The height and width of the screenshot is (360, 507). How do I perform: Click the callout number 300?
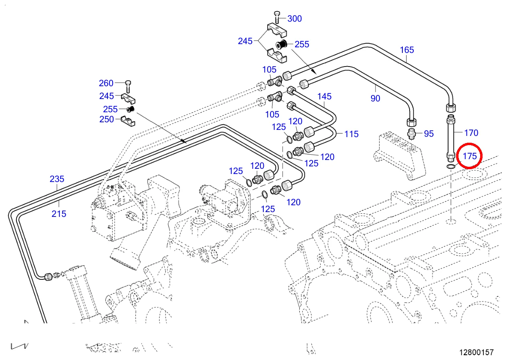295,18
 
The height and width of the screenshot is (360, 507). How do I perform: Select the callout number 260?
106,83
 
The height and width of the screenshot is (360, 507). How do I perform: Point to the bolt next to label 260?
128,85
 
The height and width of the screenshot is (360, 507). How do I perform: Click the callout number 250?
106,119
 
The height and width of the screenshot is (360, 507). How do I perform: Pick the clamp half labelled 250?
128,120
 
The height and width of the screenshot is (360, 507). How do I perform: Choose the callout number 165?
407,50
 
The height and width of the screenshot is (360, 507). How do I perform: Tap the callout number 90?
375,98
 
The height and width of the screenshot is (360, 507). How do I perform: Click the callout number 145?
325,96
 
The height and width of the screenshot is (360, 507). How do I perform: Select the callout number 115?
351,134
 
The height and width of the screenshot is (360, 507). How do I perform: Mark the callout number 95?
429,134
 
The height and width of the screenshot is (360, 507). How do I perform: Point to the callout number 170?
471,133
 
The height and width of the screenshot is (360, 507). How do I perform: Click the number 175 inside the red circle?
470,156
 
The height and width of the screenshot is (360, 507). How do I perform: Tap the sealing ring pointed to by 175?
451,166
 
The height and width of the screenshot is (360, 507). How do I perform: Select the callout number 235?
57,179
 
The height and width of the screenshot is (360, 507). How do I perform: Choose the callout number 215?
59,214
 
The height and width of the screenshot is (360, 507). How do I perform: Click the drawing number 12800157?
477,352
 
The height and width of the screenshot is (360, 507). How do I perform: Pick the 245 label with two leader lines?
245,41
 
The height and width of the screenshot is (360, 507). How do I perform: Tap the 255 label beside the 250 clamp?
110,109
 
